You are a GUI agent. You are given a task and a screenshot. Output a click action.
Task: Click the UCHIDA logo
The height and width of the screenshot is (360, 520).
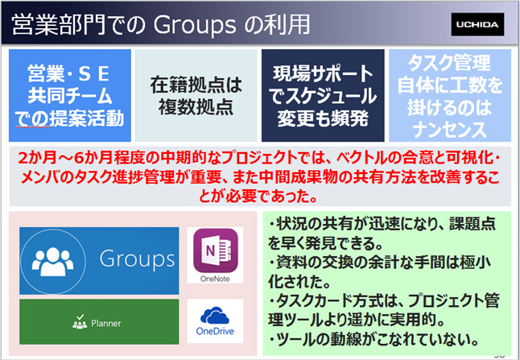477,24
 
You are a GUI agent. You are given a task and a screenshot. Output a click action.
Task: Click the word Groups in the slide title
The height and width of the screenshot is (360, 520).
195,25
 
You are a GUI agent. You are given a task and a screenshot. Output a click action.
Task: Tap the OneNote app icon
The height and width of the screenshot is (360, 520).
215,250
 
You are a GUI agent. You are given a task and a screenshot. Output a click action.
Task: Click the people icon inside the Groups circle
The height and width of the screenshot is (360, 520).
52,262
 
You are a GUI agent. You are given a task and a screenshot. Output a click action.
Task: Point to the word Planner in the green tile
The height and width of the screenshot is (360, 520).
106,324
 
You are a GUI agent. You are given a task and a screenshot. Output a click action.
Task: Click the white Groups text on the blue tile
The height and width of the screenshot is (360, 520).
138,259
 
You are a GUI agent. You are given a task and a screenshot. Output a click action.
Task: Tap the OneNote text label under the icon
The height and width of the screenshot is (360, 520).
215,279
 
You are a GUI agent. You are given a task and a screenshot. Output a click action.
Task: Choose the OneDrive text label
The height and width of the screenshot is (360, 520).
215,331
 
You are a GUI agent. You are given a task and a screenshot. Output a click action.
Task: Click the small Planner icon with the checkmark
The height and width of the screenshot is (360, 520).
80,322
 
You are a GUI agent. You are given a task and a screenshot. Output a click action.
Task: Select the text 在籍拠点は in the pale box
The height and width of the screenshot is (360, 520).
196,85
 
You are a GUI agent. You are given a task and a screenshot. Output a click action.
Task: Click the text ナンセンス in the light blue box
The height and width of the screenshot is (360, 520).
450,130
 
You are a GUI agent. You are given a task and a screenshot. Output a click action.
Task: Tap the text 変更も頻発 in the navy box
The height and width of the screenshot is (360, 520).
323,118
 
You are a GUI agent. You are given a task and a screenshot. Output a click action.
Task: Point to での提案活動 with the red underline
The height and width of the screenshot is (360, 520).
69,118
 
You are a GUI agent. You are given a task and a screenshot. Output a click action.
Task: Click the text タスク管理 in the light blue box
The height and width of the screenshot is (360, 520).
449,64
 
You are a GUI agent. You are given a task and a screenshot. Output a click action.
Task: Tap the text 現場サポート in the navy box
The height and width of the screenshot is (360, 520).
323,74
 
